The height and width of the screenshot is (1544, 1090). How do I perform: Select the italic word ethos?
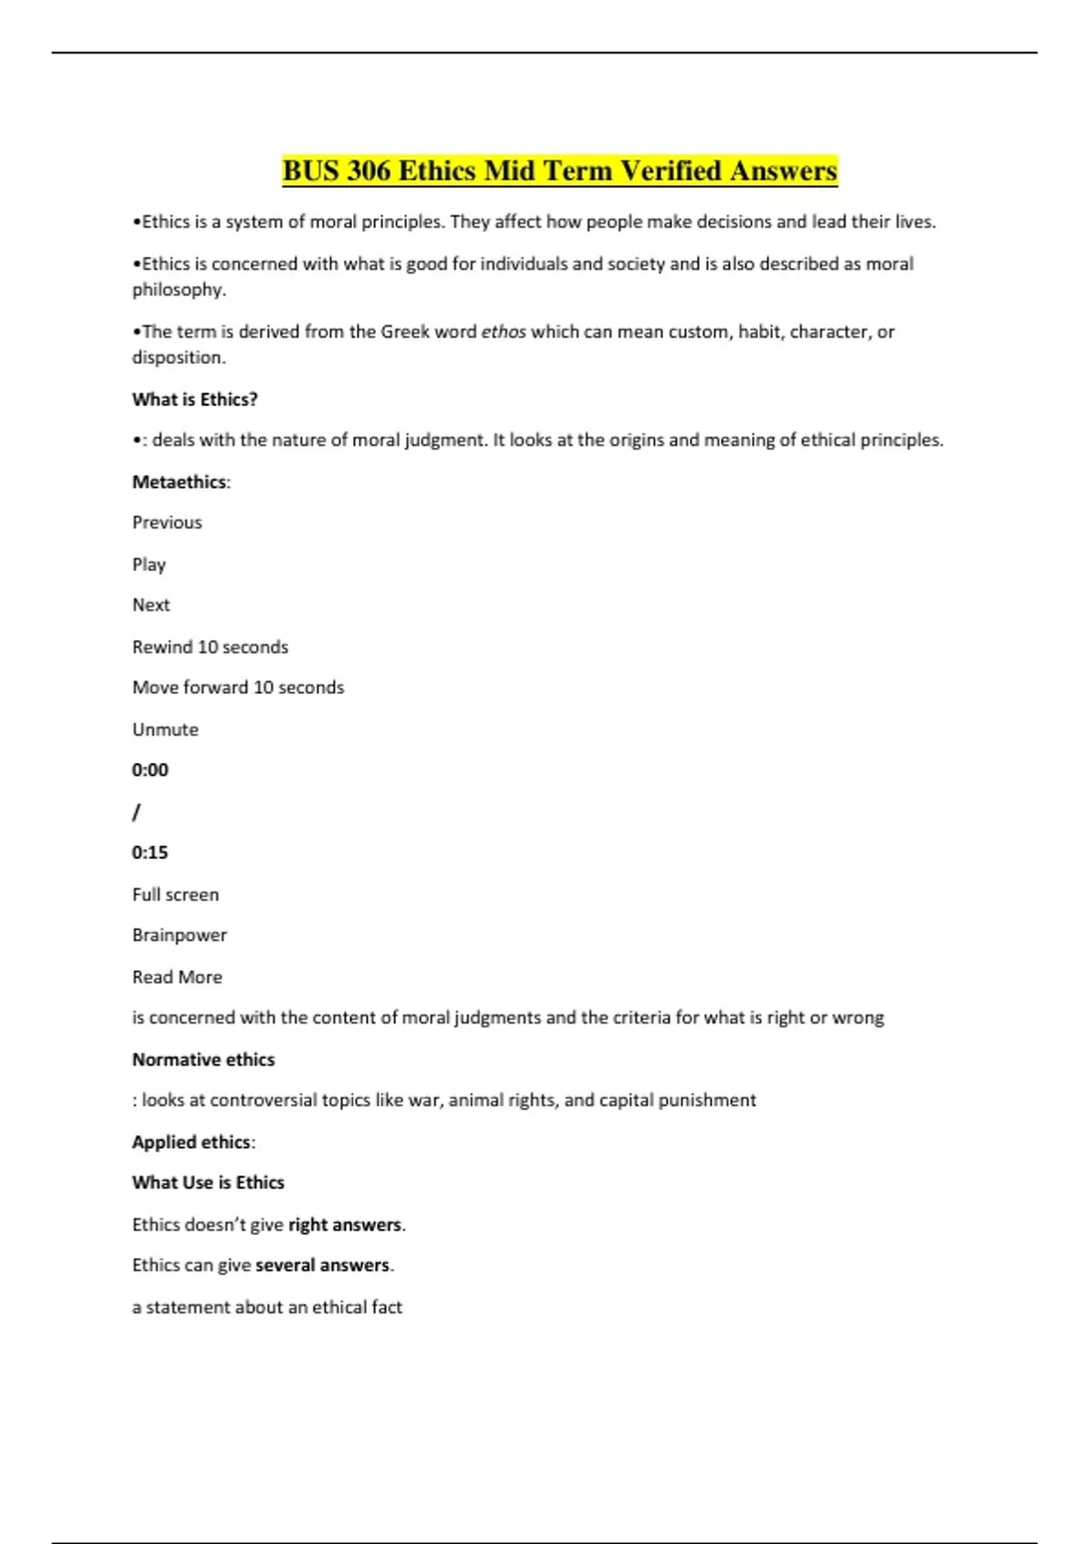pos(503,332)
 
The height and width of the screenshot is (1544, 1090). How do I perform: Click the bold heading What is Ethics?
pos(194,399)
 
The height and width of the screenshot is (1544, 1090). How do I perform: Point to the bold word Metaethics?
pos(179,481)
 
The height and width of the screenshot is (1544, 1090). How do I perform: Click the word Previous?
pos(167,522)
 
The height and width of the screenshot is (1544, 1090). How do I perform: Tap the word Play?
pos(149,564)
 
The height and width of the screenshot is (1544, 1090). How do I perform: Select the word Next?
pos(151,605)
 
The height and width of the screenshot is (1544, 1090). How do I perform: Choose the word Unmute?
pos(164,729)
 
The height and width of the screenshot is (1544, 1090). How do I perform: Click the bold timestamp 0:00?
pos(150,770)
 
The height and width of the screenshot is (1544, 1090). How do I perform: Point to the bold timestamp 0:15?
pos(150,852)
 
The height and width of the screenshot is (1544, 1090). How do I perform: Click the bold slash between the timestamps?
pos(136,812)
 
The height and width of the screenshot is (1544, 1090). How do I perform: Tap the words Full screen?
pos(175,895)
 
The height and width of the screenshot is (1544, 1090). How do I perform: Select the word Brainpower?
pos(179,935)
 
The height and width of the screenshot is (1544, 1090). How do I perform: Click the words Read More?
pos(177,977)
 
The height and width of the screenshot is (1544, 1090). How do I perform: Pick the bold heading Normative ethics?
pos(203,1059)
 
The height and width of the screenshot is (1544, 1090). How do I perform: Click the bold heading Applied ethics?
pos(191,1142)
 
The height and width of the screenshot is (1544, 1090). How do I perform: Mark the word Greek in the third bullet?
pos(405,332)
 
